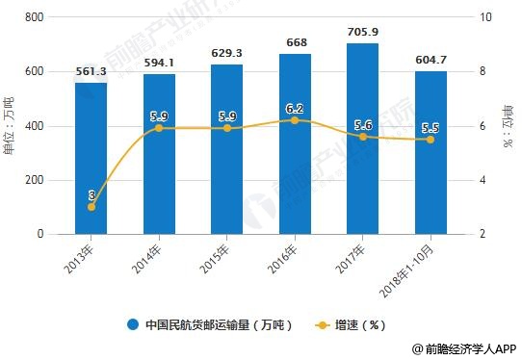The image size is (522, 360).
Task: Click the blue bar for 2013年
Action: pyautogui.click(x=91, y=159)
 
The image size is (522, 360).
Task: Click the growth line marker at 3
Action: pyautogui.click(x=91, y=207)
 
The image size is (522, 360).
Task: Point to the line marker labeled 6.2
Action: pyautogui.click(x=295, y=120)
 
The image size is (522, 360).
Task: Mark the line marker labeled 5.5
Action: pyautogui.click(x=431, y=140)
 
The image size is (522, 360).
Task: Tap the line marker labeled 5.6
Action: pyautogui.click(x=362, y=137)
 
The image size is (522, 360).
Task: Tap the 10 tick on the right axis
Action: pyautogui.click(x=486, y=17)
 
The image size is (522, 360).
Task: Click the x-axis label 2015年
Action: pyautogui.click(x=220, y=258)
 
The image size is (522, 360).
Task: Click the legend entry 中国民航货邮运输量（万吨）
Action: pyautogui.click(x=212, y=324)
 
